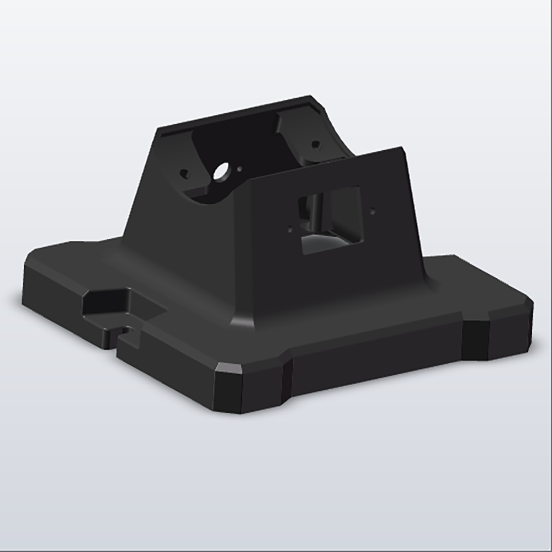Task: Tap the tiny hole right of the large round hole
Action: tap(240, 169)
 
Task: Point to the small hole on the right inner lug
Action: tap(315, 145)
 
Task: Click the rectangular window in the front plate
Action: tap(330, 220)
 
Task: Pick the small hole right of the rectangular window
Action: tap(373, 210)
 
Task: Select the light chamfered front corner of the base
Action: tap(229, 368)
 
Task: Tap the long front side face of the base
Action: tap(375, 359)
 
